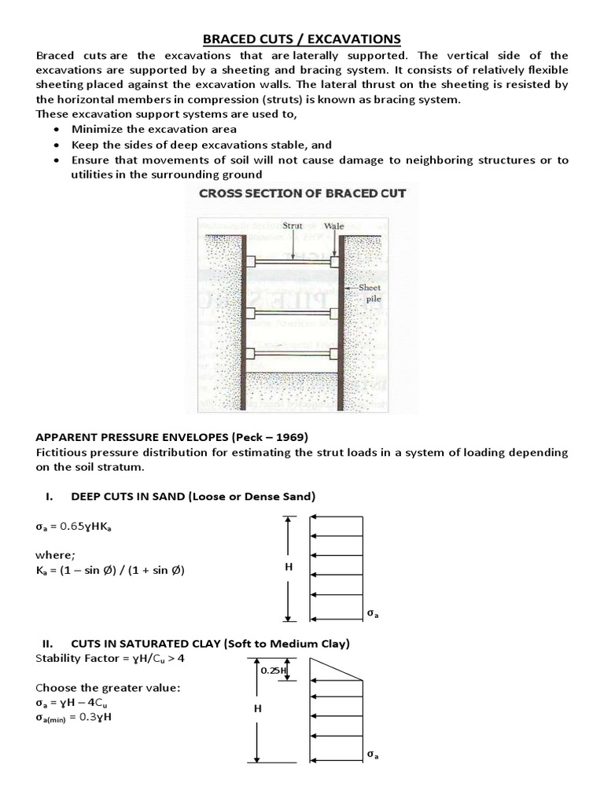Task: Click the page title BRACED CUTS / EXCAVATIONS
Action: pyautogui.click(x=302, y=39)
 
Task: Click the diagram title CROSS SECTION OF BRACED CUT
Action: pyautogui.click(x=302, y=194)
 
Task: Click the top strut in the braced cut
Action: pyautogui.click(x=293, y=261)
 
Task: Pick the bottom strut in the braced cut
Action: pyautogui.click(x=293, y=354)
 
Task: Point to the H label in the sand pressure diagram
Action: pyautogui.click(x=289, y=568)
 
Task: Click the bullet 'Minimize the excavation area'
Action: pyautogui.click(x=153, y=129)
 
